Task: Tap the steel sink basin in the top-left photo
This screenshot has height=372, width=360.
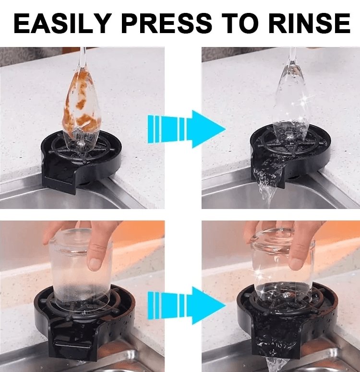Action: (29, 194)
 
